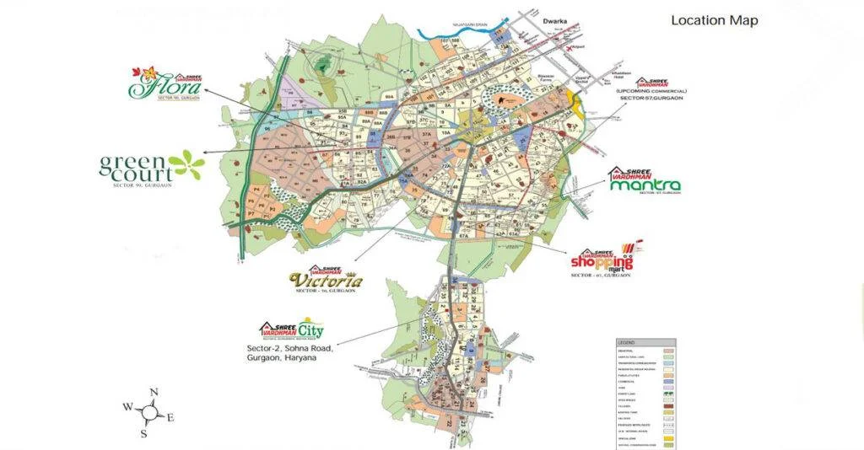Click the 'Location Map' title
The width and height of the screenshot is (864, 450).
point(714,20)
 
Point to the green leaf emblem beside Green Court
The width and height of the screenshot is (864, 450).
point(186,164)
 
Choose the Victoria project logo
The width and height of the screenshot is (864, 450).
point(326,280)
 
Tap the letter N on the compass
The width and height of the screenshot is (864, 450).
point(154,392)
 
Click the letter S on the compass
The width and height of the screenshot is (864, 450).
point(144,433)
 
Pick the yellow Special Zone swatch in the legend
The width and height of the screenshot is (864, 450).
point(667,437)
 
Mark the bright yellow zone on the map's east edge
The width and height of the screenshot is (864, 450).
point(576,104)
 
